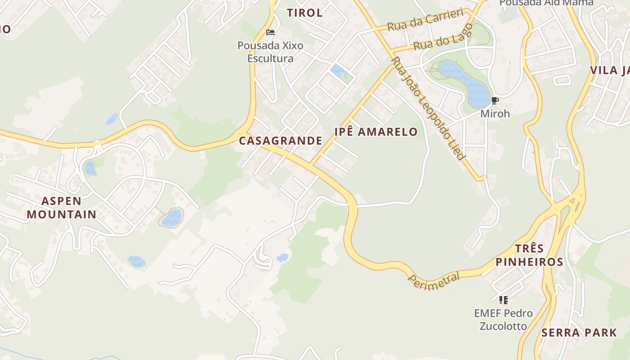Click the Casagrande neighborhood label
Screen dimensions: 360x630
[x=280, y=141]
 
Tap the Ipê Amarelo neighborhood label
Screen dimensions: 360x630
[x=376, y=132]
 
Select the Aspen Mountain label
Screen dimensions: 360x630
[x=61, y=207]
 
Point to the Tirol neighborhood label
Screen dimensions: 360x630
[x=305, y=13]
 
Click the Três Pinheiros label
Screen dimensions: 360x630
[x=529, y=255]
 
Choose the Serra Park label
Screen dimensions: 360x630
[x=579, y=333]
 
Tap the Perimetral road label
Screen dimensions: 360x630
[x=434, y=280]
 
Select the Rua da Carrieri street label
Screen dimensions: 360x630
[x=425, y=20]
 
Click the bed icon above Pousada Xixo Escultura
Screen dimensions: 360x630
[x=270, y=32]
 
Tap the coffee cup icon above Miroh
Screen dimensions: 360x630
[x=495, y=101]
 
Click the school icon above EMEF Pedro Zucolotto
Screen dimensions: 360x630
[x=503, y=300]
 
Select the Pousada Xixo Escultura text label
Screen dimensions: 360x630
[x=270, y=52]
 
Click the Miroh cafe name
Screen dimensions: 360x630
[x=495, y=113]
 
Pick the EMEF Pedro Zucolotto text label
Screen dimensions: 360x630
[x=503, y=319]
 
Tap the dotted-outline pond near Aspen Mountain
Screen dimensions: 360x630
[x=171, y=218]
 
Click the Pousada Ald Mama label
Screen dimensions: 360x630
[x=546, y=3]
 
